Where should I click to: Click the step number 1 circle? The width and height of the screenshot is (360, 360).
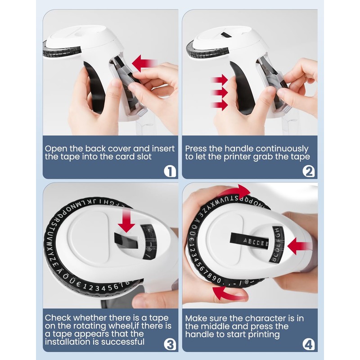(170, 171)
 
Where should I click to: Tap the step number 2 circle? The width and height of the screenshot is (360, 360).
(309, 171)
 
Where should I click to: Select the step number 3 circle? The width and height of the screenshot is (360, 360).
(170, 345)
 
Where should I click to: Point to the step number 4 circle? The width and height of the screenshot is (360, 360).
(309, 345)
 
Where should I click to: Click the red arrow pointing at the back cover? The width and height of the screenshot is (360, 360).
(144, 63)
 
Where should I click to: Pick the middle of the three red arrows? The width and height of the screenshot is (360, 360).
(219, 93)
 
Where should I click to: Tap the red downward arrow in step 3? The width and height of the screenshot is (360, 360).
(126, 220)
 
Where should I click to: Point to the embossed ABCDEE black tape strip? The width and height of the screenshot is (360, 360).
(249, 241)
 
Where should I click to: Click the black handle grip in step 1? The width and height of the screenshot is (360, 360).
(95, 88)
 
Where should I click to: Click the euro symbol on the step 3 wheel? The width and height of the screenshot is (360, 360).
(78, 285)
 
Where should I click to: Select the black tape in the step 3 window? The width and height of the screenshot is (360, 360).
(126, 240)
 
